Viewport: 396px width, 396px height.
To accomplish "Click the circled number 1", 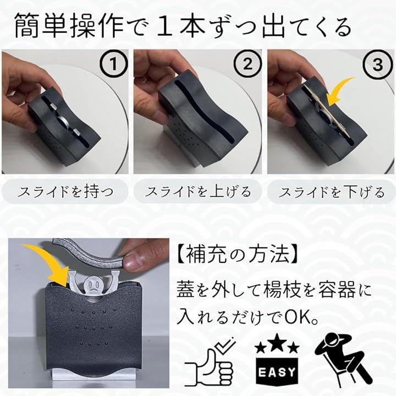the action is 114,64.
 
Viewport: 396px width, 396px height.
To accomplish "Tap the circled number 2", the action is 247,64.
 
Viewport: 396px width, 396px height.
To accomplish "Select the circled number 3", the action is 378,64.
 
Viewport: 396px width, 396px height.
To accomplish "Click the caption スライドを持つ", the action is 65,192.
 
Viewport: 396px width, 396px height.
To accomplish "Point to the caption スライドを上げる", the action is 198,192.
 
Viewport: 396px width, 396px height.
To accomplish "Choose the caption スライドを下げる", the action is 331,192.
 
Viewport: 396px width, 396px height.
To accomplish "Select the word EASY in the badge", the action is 277,372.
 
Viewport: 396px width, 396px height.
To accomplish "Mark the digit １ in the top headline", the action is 167,26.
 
